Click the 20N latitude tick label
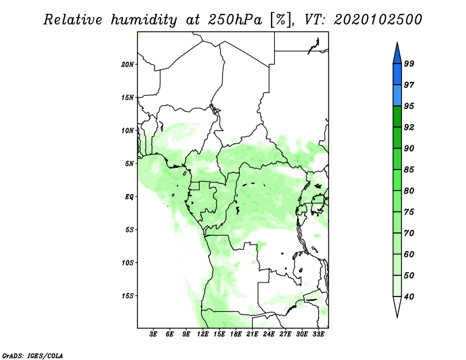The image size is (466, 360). click(x=127, y=65)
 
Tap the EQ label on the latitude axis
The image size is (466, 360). click(x=129, y=197)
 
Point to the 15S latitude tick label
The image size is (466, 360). click(x=127, y=296)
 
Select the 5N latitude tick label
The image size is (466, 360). click(x=129, y=164)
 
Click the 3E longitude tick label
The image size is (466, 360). click(x=153, y=334)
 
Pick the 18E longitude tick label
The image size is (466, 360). click(x=236, y=334)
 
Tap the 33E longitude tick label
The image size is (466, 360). click(x=318, y=334)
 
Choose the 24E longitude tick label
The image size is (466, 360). click(x=269, y=334)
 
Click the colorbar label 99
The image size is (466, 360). click(x=409, y=63)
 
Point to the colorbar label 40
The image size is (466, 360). click(x=409, y=297)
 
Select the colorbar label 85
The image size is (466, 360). click(x=409, y=170)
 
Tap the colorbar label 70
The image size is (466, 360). click(x=409, y=233)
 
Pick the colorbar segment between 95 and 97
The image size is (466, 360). click(x=397, y=96)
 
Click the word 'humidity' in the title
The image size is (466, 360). click(x=144, y=20)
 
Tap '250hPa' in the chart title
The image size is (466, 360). click(x=235, y=20)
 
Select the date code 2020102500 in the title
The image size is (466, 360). click(x=377, y=20)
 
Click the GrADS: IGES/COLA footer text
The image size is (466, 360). click(x=33, y=355)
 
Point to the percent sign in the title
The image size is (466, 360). click(x=281, y=20)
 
